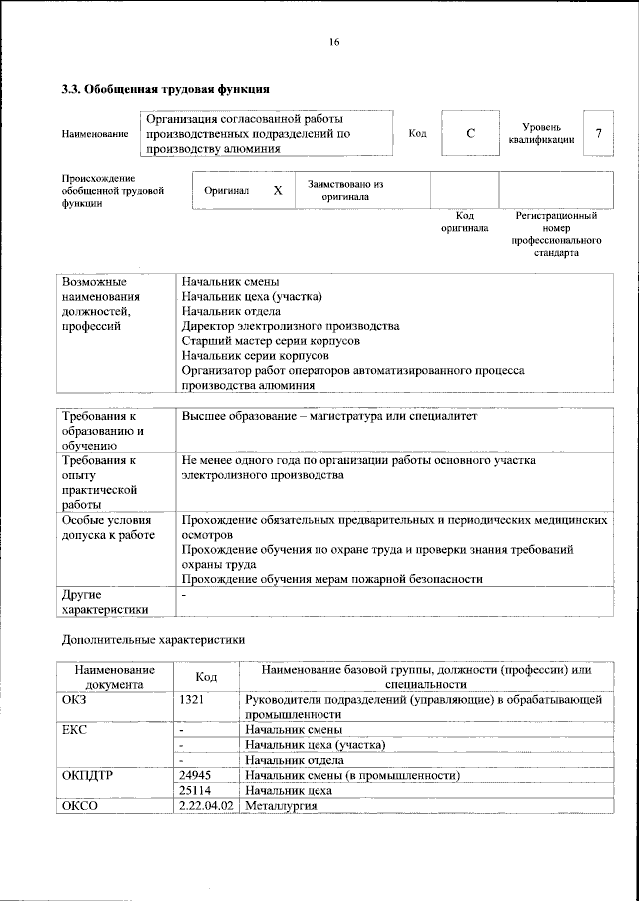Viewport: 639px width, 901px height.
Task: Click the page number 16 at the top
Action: (334, 41)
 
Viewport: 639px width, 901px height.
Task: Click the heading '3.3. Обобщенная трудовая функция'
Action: (165, 88)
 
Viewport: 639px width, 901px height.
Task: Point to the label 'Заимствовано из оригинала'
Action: (345, 190)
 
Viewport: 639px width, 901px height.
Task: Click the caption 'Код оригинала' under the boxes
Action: (464, 221)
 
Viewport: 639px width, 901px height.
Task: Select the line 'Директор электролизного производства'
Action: (291, 326)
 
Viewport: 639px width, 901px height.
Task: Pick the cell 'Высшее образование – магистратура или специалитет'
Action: (329, 416)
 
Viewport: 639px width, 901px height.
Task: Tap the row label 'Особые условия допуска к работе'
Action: (108, 527)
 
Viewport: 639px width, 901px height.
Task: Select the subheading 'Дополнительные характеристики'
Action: (152, 639)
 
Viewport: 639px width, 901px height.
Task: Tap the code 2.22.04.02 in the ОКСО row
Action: (207, 805)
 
